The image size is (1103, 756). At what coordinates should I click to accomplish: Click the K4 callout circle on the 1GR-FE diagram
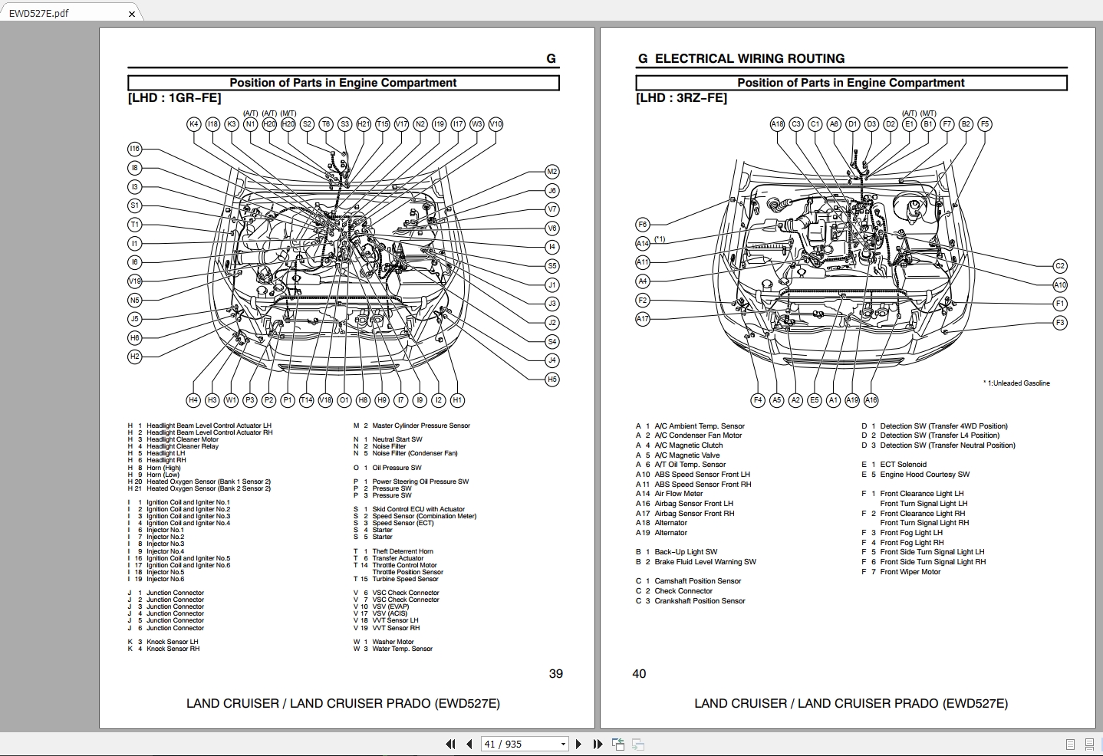(x=194, y=124)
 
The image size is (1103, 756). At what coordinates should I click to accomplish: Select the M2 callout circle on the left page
(x=551, y=172)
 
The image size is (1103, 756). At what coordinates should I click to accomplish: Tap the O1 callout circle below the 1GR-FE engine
(x=344, y=400)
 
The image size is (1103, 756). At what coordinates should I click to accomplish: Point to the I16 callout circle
(x=135, y=149)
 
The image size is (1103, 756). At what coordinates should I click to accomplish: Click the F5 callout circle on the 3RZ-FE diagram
(x=985, y=124)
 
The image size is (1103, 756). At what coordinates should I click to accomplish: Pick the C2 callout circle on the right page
(x=1059, y=266)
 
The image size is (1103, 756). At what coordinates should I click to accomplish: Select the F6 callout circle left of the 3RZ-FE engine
(x=643, y=225)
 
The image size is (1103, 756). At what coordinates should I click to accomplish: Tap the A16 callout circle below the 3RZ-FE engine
(x=871, y=400)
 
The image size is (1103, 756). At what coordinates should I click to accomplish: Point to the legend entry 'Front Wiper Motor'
(x=910, y=572)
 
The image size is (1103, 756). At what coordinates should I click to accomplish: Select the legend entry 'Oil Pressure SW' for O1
(x=397, y=468)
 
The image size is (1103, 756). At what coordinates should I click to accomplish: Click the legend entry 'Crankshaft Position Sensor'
(x=700, y=601)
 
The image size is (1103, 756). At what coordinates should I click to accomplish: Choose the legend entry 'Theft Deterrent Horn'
(x=403, y=551)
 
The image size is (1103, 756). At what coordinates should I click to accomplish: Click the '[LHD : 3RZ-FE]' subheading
(x=681, y=98)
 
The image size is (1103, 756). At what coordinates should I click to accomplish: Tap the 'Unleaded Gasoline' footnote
(x=1020, y=383)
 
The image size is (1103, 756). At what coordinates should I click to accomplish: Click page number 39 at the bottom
(x=556, y=674)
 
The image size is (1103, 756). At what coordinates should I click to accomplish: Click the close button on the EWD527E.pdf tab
(x=132, y=14)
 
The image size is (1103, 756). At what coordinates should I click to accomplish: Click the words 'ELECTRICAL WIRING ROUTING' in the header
(x=749, y=59)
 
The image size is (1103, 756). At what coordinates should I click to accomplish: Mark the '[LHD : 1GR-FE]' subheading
(x=174, y=98)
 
